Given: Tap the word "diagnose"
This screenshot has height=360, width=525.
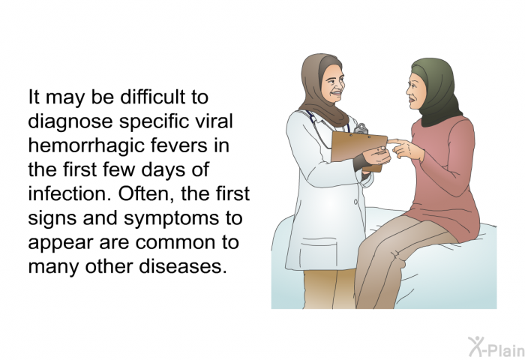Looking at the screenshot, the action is pos(70,121).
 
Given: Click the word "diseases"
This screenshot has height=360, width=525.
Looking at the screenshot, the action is pos(181,266).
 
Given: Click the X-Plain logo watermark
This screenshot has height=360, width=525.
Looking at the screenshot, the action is pos(496,346).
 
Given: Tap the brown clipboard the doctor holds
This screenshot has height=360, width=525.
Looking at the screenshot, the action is pos(358,150).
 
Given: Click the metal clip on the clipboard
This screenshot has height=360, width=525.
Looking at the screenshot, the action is pos(361,128).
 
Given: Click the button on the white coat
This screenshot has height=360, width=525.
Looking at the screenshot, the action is pos(355,202).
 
